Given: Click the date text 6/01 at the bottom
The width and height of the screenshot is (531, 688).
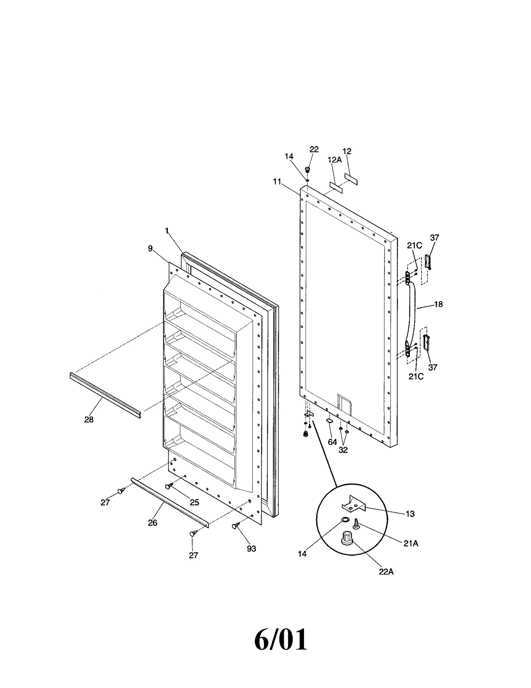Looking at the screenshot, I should coord(280,640).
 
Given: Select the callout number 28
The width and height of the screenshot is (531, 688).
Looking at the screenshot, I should coord(89,419).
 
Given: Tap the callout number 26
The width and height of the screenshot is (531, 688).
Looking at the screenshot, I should coord(152,523).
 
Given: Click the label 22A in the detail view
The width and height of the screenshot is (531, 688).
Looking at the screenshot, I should coord(386,572).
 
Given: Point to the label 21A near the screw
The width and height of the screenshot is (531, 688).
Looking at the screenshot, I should coord(411,543).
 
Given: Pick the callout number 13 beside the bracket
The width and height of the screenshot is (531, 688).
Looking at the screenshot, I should coord(410,514).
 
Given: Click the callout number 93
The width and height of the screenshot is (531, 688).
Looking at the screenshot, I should coord(251,549).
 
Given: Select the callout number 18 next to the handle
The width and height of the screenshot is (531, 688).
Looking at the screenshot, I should coord(438,304).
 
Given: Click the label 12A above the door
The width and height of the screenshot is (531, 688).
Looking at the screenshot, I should coord(334,160).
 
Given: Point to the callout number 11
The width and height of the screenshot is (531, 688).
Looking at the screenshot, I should coord(277,181).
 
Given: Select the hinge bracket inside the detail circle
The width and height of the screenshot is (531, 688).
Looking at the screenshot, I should coord(353,505).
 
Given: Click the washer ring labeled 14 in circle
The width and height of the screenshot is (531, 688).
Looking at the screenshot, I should coord(345,519).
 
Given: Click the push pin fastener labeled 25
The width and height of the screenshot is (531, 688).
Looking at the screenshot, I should coord(169,486).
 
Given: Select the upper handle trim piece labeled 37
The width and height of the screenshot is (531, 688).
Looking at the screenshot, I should coord(428,262).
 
